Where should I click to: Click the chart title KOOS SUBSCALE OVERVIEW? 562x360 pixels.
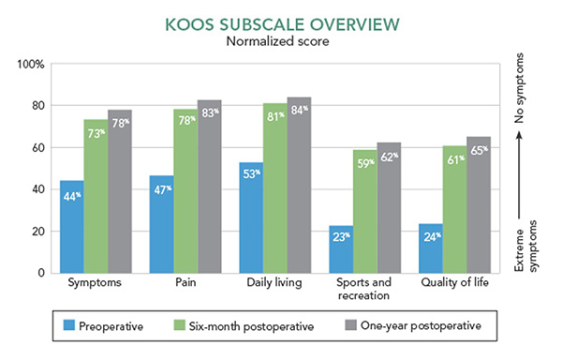coord(280,22)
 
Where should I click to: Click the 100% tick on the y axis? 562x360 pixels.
coord(31,64)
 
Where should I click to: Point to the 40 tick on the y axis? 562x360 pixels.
coord(37,189)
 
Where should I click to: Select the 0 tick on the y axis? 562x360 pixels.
coord(41,273)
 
